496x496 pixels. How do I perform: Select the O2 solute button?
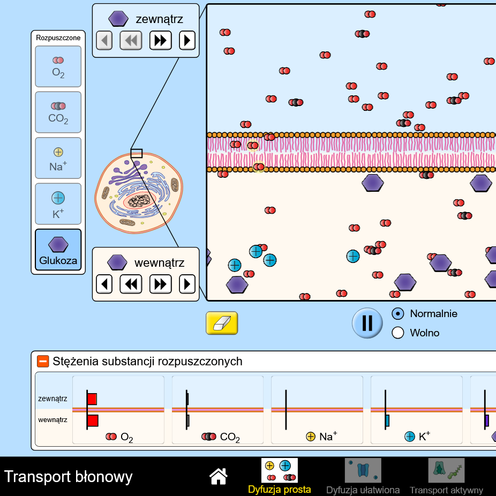coord(58,66)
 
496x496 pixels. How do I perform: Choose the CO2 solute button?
coord(58,112)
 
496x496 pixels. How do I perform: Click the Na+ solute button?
coord(58,159)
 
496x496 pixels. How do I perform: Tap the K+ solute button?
coord(58,204)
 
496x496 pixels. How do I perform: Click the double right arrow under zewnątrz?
coord(160,40)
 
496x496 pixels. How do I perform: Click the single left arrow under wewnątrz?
coord(104,283)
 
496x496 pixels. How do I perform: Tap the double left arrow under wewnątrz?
coord(131,283)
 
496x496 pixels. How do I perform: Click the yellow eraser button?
coord(222,323)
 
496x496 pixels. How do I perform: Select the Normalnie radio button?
coord(398,314)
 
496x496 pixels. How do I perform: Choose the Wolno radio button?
coord(398,333)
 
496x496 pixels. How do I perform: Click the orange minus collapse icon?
coord(43,362)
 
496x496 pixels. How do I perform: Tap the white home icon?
coord(219,476)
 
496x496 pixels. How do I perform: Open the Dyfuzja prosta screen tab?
coord(279,476)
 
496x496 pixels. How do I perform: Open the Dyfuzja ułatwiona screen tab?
coord(363,476)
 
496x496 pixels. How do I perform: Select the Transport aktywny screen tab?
coord(446,476)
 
